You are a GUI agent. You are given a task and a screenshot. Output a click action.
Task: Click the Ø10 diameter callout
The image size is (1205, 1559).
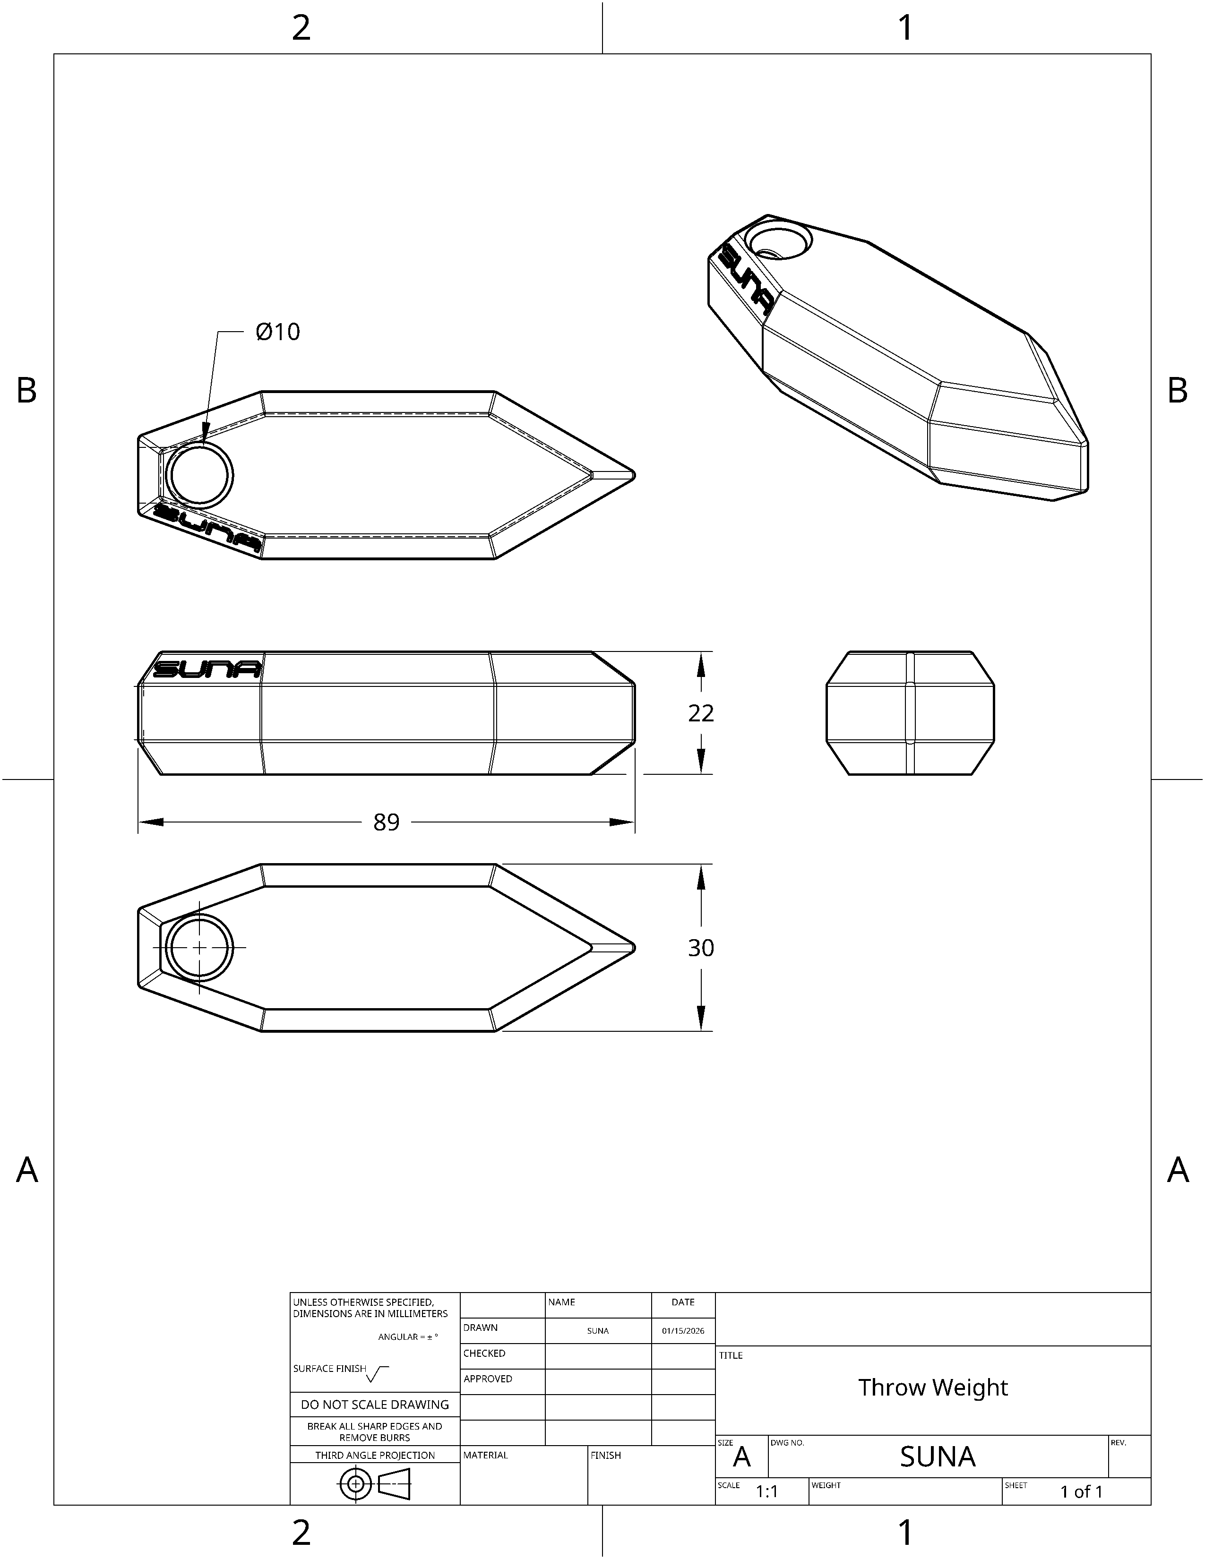pyautogui.click(x=278, y=332)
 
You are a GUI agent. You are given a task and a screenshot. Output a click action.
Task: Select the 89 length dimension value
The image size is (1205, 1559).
pyautogui.click(x=386, y=822)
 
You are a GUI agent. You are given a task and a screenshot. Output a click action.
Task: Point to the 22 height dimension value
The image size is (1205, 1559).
pyautogui.click(x=701, y=713)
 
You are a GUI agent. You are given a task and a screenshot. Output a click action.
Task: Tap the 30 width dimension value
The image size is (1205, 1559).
pyautogui.click(x=701, y=948)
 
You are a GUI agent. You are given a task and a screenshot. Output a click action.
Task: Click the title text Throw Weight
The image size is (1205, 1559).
pyautogui.click(x=933, y=1387)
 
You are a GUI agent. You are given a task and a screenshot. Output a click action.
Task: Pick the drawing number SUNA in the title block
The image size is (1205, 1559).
pyautogui.click(x=938, y=1457)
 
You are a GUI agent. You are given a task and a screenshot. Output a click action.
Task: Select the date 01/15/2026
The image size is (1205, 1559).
pyautogui.click(x=683, y=1330)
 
